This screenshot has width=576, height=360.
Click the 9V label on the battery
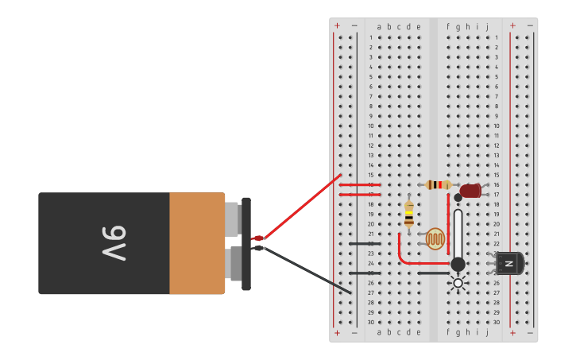pyautogui.click(x=114, y=243)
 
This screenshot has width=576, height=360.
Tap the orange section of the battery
pyautogui.click(x=196, y=243)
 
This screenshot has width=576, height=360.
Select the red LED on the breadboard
pyautogui.click(x=470, y=191)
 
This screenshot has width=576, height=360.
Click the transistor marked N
pyautogui.click(x=509, y=263)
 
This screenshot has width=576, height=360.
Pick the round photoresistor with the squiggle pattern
pyautogui.click(x=435, y=238)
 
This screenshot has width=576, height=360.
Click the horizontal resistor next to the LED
pyautogui.click(x=439, y=184)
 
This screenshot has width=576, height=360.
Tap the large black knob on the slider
pyautogui.click(x=458, y=264)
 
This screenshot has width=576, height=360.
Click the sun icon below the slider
pyautogui.click(x=458, y=282)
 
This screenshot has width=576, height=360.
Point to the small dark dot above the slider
pyautogui.click(x=458, y=197)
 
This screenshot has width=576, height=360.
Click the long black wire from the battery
pyautogui.click(x=306, y=270)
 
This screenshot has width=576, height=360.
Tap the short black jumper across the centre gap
pyautogui.click(x=433, y=273)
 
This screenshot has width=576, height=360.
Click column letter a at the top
pyautogui.click(x=379, y=27)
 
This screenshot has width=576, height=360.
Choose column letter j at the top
pyautogui.click(x=487, y=27)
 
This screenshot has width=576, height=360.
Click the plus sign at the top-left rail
pyautogui.click(x=337, y=25)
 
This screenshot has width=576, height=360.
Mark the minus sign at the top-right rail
pyautogui.click(x=530, y=25)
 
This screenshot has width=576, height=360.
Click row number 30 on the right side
pyautogui.click(x=497, y=322)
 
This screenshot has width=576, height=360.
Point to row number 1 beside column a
pyautogui.click(x=370, y=37)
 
